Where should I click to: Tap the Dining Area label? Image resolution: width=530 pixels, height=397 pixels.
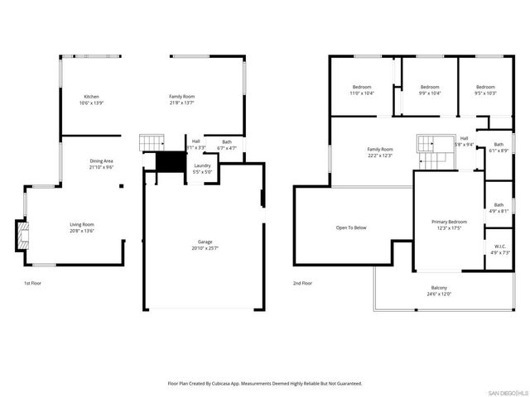point(101,164)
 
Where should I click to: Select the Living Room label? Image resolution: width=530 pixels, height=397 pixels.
point(81,227)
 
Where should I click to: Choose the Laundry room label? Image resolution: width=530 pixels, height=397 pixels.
point(202,168)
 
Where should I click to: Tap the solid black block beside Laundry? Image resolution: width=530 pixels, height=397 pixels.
point(170,162)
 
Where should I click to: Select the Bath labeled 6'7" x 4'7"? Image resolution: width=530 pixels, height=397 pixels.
point(226,145)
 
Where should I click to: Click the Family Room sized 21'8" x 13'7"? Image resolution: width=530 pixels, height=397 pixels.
point(182,100)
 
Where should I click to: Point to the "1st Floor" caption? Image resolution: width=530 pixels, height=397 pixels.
point(32,283)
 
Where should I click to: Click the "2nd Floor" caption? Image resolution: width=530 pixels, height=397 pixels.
point(301,283)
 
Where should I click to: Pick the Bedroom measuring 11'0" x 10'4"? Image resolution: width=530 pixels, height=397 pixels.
point(362,90)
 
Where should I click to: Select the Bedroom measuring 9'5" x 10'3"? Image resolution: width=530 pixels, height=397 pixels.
point(485,90)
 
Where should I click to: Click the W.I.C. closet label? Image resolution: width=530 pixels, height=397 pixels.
point(499,249)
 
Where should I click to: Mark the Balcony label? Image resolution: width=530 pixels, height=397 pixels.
point(438,290)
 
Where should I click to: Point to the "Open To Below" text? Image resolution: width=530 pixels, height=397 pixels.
point(351,227)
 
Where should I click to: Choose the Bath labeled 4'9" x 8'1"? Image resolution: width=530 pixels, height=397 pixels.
point(499,208)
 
